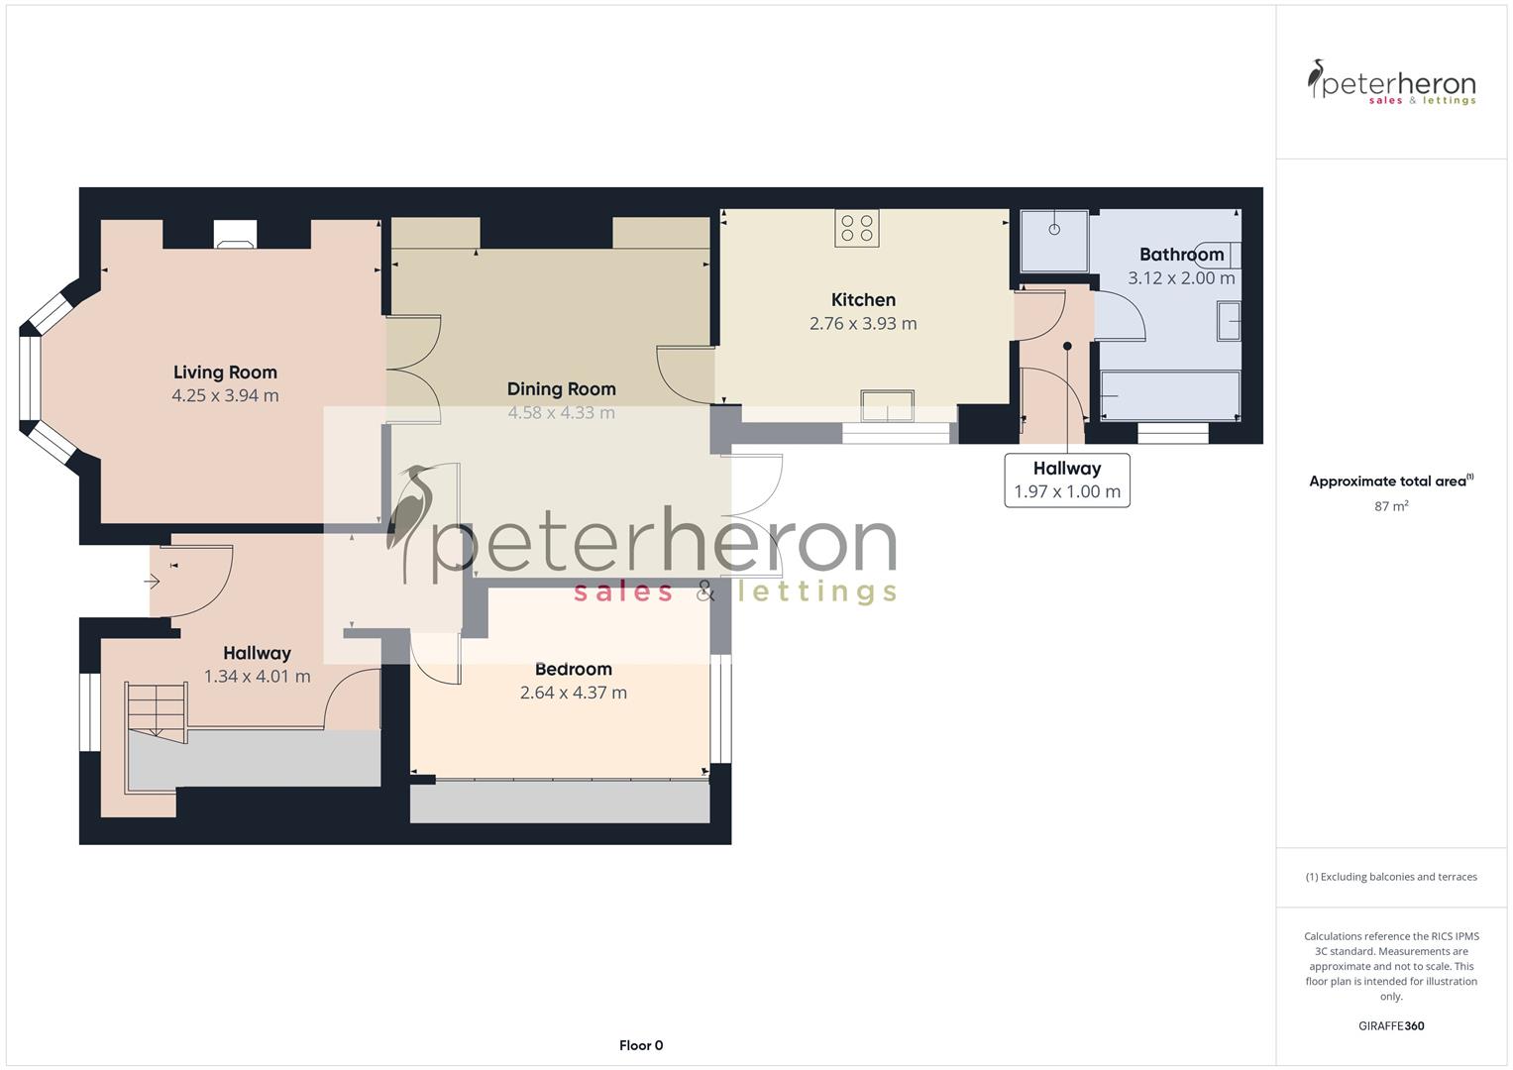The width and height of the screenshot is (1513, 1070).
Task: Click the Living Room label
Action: (x=225, y=373)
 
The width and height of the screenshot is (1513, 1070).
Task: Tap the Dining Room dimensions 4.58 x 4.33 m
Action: (x=561, y=413)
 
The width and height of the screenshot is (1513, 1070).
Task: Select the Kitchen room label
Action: (x=863, y=300)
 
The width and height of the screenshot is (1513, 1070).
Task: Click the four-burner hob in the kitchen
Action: (x=857, y=228)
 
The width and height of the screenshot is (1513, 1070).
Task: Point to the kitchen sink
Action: (x=887, y=406)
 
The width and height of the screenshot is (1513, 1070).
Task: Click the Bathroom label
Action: (x=1181, y=255)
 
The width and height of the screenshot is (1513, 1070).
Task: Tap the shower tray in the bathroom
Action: (x=1054, y=241)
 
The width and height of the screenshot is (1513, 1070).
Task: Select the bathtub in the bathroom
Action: (x=1170, y=394)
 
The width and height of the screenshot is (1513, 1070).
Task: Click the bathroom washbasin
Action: (x=1229, y=322)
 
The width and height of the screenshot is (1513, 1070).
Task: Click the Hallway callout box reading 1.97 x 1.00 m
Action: (x=1067, y=481)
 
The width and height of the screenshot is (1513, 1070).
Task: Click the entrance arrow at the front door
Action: (x=153, y=582)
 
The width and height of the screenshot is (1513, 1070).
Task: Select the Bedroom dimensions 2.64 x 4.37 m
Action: (x=573, y=694)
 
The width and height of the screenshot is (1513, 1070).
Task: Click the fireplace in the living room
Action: (x=235, y=234)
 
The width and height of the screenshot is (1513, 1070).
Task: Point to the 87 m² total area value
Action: (x=1391, y=506)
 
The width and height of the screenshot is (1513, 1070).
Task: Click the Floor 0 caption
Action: (x=640, y=1045)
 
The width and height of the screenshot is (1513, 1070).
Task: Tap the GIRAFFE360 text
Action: (x=1391, y=1025)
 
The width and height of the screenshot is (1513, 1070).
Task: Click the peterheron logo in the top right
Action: (x=1391, y=82)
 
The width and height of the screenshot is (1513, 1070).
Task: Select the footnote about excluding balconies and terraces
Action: (x=1391, y=877)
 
